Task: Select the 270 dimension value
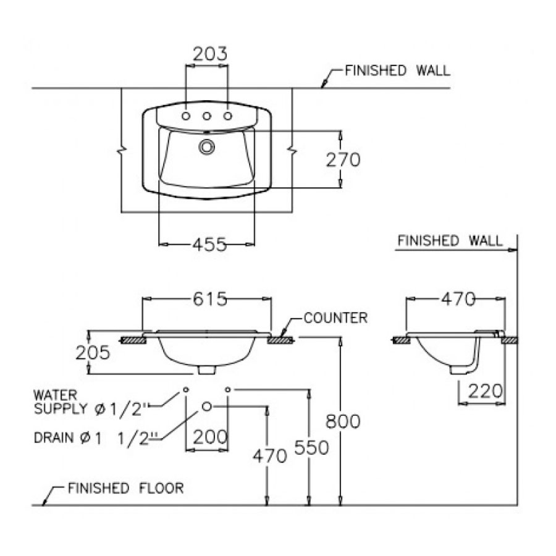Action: pyautogui.click(x=343, y=159)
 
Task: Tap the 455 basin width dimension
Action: pyautogui.click(x=208, y=245)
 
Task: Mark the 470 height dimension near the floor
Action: pyautogui.click(x=269, y=456)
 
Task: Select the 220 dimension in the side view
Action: pyautogui.click(x=487, y=390)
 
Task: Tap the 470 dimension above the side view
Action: pyautogui.click(x=457, y=300)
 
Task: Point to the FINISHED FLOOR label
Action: pyautogui.click(x=125, y=488)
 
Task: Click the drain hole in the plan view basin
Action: pyautogui.click(x=206, y=146)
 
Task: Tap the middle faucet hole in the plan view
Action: pyautogui.click(x=207, y=116)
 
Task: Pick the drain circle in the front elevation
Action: pyautogui.click(x=207, y=406)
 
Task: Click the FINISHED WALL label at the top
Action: pyautogui.click(x=397, y=70)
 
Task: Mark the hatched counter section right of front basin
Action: pyautogui.click(x=281, y=339)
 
